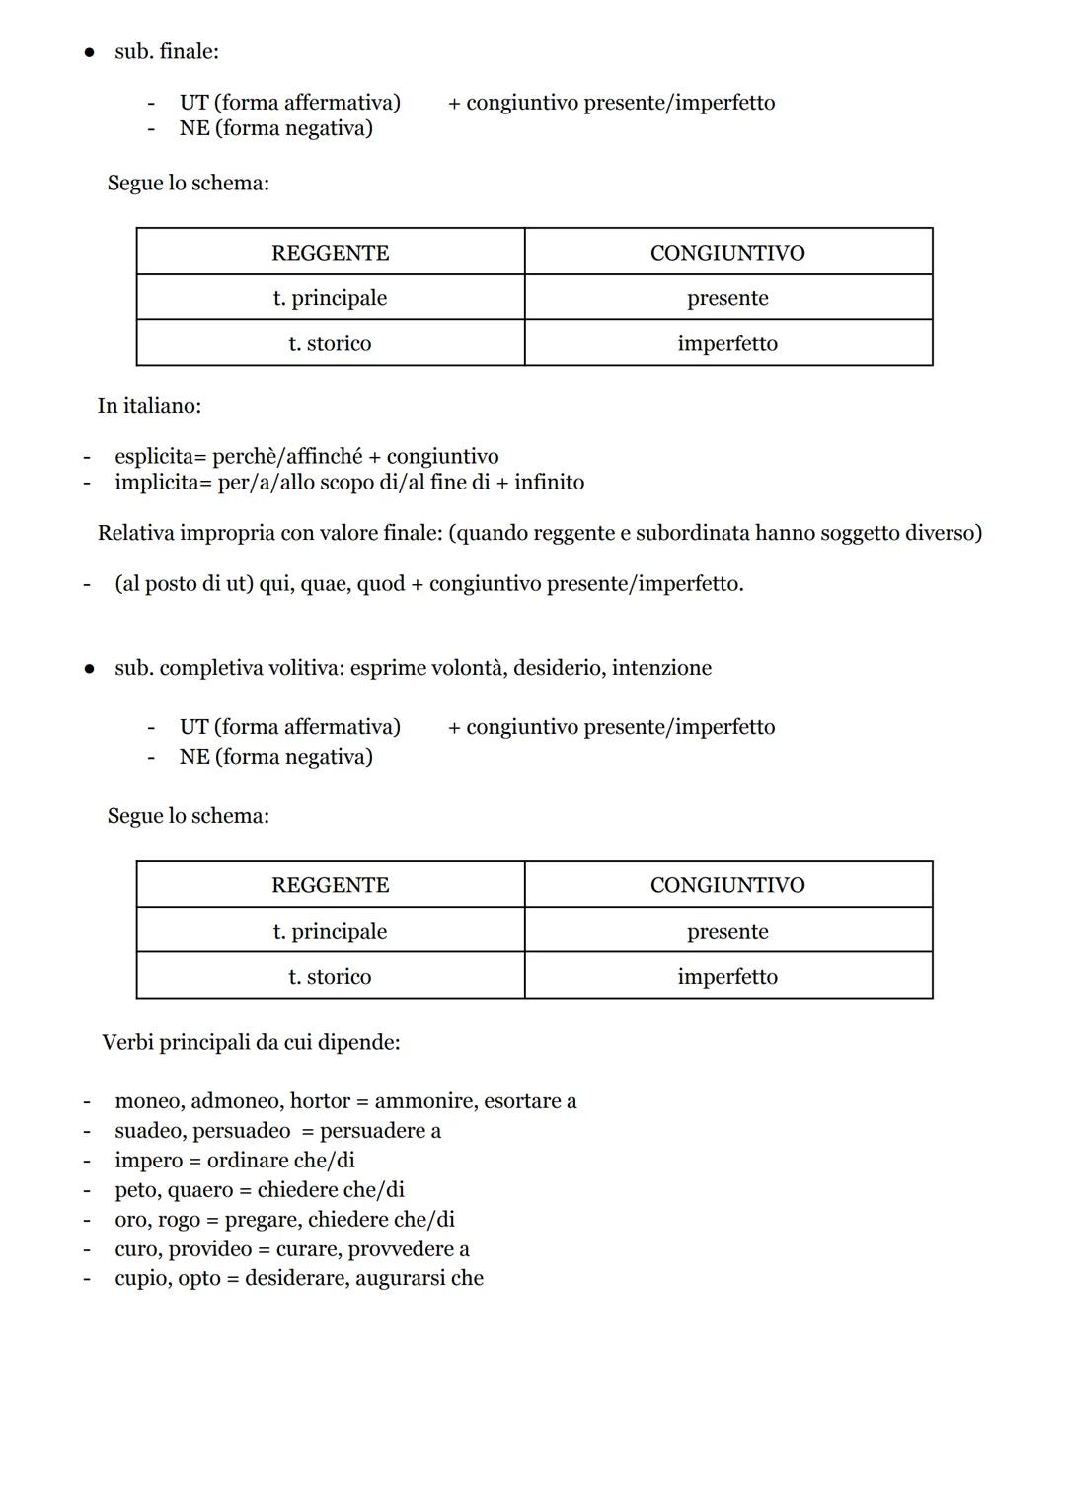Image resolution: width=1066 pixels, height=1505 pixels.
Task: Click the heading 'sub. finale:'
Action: [166, 51]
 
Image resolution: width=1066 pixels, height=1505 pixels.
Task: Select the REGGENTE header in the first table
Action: [330, 253]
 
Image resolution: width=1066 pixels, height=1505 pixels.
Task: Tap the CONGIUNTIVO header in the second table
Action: [727, 885]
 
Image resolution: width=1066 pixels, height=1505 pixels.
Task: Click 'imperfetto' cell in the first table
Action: [727, 343]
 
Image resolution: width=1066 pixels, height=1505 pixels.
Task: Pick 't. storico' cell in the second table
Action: [330, 976]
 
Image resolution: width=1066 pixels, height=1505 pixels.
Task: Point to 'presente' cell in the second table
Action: [727, 931]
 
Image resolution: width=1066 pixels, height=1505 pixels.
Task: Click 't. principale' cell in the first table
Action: [330, 298]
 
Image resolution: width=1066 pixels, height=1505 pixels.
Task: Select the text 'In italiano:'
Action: [149, 406]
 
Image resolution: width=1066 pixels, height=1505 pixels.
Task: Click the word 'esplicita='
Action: [160, 456]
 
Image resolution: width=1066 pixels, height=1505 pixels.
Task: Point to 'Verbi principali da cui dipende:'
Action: [251, 1042]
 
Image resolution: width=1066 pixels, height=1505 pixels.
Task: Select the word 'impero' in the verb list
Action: [148, 1161]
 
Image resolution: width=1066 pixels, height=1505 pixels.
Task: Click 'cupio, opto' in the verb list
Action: [167, 1278]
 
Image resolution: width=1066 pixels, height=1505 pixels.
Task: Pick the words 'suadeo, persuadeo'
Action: [202, 1131]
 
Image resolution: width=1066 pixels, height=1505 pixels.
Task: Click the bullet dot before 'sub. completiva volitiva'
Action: [89, 669]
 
